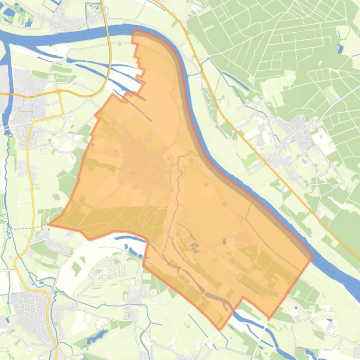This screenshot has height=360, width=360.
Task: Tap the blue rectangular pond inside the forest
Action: coord(340,48)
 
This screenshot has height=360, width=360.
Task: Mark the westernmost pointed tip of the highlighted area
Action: coord(49,224)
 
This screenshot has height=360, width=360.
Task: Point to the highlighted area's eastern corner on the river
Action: coord(312,256)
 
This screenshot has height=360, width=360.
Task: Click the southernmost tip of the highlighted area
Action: coord(220,329)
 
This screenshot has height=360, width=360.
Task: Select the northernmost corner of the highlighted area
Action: coord(134,31)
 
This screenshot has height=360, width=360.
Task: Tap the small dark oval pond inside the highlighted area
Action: coord(224,242)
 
